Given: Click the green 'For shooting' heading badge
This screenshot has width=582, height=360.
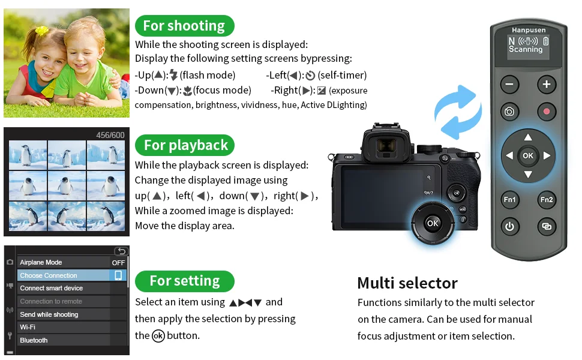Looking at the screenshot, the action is coord(184,26).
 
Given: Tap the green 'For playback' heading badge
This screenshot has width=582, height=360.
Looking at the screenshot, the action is coord(184,145).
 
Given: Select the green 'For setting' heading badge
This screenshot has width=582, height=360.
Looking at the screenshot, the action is coord(184,281).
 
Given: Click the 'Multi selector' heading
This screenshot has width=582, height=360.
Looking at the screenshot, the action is coord(407,283).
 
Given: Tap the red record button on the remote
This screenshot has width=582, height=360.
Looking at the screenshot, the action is coord(547,112).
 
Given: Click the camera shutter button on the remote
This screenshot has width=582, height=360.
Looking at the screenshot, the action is coord(509,112).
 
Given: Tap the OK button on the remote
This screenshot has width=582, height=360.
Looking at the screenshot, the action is coord(528,155).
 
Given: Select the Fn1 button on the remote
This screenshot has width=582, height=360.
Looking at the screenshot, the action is coord(509,200).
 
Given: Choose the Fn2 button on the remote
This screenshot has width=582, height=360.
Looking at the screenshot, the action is coord(547,200).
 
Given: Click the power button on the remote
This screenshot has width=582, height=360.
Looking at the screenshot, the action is coord(509,226).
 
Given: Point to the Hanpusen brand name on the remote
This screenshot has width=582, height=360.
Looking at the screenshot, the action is coord(529,30).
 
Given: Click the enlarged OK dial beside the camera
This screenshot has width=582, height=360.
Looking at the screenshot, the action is coord(433,223).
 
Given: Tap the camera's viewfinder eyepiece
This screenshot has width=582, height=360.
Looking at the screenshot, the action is coord(386,145).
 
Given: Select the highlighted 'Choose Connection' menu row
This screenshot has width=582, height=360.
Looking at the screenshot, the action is coord(72,275).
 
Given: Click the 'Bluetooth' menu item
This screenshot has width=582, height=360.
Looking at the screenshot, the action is coord(34,340).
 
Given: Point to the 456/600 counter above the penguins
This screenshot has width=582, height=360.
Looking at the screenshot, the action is coord(110,135).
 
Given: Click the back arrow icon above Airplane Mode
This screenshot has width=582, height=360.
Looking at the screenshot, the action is coord(121,251).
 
